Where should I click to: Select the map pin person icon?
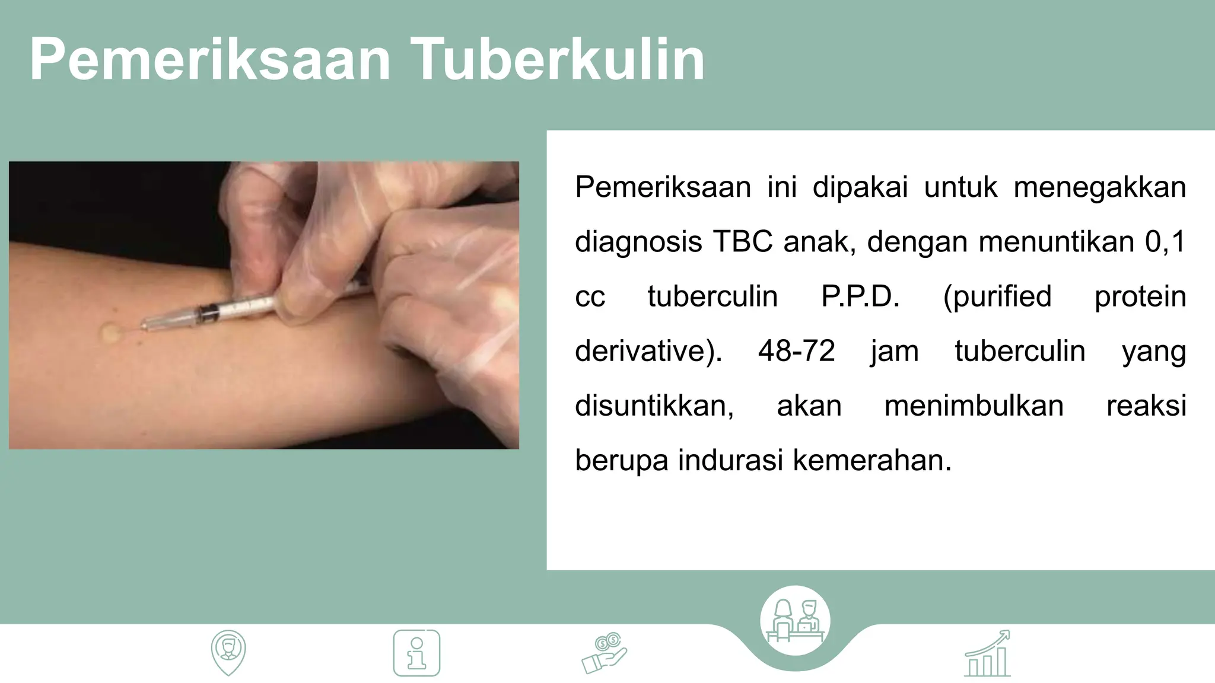[x=228, y=652]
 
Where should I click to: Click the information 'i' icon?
[x=416, y=653]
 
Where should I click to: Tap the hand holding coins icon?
[x=604, y=653]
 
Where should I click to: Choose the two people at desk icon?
[x=795, y=621]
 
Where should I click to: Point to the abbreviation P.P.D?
[x=860, y=296]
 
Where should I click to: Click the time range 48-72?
[x=796, y=351]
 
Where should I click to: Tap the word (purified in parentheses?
[x=997, y=296]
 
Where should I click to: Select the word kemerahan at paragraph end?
[x=872, y=460]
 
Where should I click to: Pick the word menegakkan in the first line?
[x=1099, y=187]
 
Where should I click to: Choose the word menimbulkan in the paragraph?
[x=974, y=406]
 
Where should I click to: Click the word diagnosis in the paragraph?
[x=638, y=242]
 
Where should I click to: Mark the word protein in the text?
[x=1140, y=296]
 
